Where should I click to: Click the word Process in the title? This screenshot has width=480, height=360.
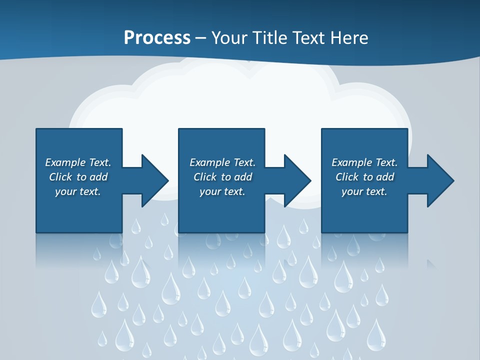[157, 38]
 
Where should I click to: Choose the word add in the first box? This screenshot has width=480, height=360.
[98, 177]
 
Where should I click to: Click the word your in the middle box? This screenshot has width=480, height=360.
[210, 192]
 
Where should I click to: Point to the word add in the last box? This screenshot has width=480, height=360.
[385, 177]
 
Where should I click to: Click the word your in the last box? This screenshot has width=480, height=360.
[352, 192]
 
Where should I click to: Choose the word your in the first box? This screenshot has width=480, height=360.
[65, 192]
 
